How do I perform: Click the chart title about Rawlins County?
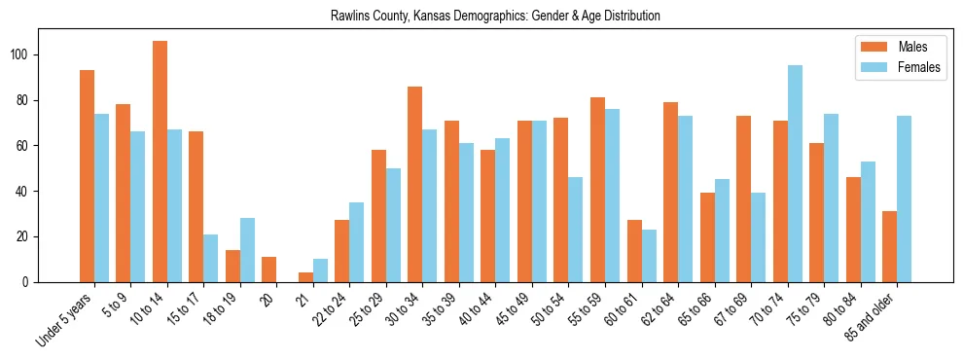coord(481,16)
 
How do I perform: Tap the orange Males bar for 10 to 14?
coord(160,162)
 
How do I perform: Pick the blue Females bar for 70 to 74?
coord(795,173)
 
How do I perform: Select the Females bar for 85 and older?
coord(905,198)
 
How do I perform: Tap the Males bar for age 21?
coord(305,277)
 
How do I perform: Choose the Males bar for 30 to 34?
coord(415,184)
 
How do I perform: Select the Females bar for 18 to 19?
coord(247,250)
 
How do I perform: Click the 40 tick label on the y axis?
coord(29,192)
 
